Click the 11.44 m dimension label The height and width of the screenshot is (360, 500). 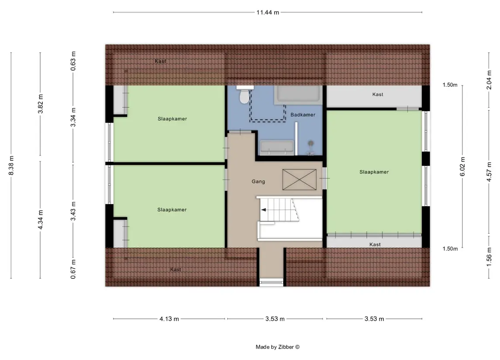pos(268,12)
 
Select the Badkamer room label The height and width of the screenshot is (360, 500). pos(303,115)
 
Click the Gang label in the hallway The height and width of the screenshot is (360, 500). pos(258,182)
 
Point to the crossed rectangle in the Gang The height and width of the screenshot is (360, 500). pos(300,180)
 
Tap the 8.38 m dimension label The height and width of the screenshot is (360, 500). pos(11,165)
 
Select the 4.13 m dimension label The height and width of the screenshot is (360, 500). pos(169,319)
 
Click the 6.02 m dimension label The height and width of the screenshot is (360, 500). pos(462,167)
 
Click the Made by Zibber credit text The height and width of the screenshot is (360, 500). pos(277,347)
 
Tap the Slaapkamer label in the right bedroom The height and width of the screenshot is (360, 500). pos(374,172)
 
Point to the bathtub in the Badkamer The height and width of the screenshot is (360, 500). pos(298,95)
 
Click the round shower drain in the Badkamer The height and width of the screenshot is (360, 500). pos(311,144)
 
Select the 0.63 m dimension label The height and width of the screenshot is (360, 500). pos(73,61)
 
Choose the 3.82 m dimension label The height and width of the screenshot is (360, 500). pos(41,104)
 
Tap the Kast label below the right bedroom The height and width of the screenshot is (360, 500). pos(375,245)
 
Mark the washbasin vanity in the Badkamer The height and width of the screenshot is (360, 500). pos(277,147)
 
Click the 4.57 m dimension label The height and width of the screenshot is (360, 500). pos(489,172)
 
